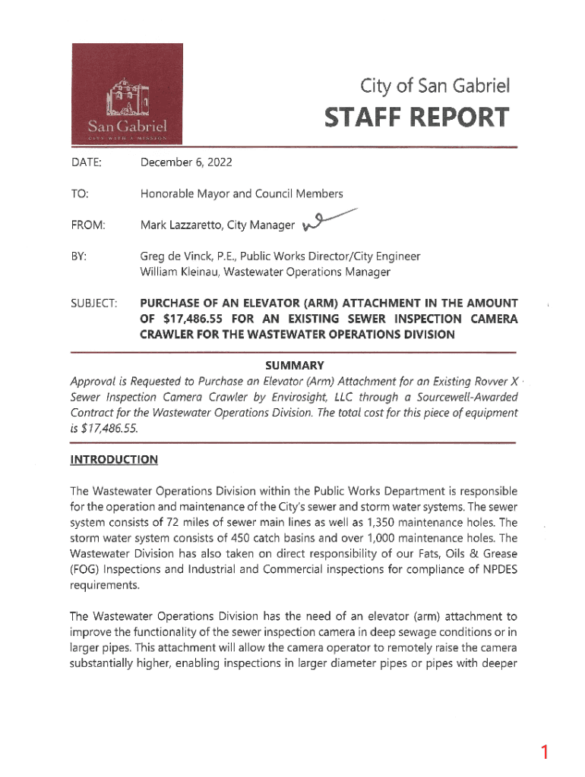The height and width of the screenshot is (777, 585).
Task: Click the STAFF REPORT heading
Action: click(x=416, y=118)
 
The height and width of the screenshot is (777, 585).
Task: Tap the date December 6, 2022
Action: click(x=186, y=162)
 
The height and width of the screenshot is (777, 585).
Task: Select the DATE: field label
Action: click(x=84, y=162)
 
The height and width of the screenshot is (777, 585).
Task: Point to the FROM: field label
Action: click(x=87, y=225)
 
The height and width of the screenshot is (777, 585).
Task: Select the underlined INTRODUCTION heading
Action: click(x=114, y=459)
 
